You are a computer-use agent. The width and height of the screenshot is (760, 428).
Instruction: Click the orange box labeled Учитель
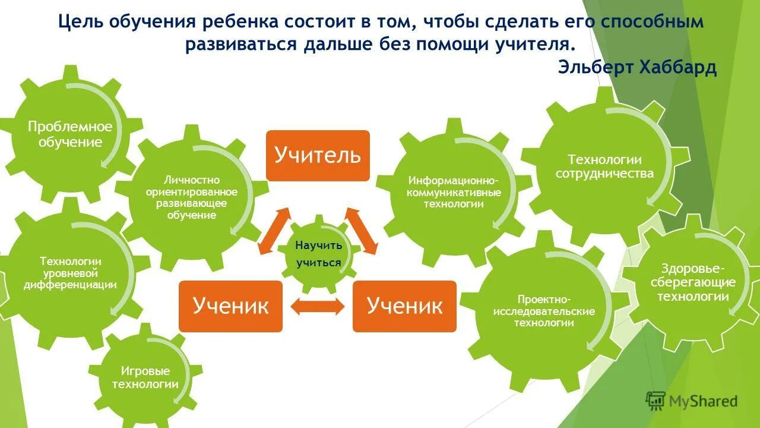[318, 155]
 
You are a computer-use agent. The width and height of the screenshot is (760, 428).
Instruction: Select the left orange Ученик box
[230, 306]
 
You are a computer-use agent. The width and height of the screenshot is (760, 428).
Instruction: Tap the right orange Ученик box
[404, 306]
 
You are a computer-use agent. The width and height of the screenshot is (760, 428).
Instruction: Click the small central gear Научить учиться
[319, 254]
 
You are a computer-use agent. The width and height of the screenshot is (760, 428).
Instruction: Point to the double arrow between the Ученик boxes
[318, 306]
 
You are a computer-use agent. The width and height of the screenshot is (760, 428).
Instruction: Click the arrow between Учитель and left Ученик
[274, 231]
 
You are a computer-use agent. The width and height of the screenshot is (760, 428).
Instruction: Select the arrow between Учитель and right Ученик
[362, 231]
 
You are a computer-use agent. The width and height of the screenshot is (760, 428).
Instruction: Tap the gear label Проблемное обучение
[70, 134]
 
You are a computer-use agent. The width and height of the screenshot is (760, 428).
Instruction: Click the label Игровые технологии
[145, 377]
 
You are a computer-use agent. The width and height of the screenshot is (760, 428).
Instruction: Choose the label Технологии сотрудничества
[604, 166]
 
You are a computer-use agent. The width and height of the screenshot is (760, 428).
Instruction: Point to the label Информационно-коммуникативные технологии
[454, 192]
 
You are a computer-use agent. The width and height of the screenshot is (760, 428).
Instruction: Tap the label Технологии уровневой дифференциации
[71, 273]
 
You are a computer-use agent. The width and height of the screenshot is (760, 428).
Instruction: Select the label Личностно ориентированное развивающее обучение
[191, 197]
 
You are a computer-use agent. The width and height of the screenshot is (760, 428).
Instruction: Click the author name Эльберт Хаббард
[637, 67]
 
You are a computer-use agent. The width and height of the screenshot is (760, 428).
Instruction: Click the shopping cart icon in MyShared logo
[655, 401]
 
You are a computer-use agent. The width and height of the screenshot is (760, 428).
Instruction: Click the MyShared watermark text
[703, 402]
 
